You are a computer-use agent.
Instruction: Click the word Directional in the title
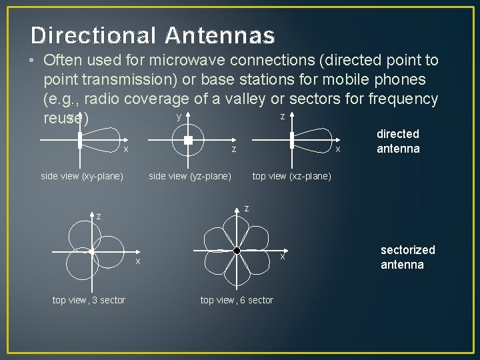click(92, 35)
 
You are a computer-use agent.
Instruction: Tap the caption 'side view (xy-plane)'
click(82, 176)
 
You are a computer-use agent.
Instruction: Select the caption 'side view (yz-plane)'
click(190, 176)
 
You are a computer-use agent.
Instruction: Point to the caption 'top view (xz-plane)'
click(291, 176)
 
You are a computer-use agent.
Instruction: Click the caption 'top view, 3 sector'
click(89, 300)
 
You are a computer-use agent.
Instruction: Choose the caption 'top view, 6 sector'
click(237, 300)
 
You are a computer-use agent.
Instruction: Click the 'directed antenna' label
click(398, 141)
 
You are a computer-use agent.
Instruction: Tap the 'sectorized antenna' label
click(407, 257)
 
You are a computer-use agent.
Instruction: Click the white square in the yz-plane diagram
click(188, 140)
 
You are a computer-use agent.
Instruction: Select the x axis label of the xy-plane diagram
click(125, 148)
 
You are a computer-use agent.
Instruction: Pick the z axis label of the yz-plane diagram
click(233, 149)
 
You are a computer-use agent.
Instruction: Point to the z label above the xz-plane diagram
click(282, 116)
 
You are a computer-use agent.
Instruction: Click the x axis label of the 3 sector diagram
click(138, 261)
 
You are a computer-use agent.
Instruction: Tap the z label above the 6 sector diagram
click(247, 209)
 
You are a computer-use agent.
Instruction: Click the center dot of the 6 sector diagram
click(237, 250)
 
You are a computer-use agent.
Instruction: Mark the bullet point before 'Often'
click(32, 61)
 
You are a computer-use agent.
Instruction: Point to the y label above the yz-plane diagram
click(178, 116)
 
